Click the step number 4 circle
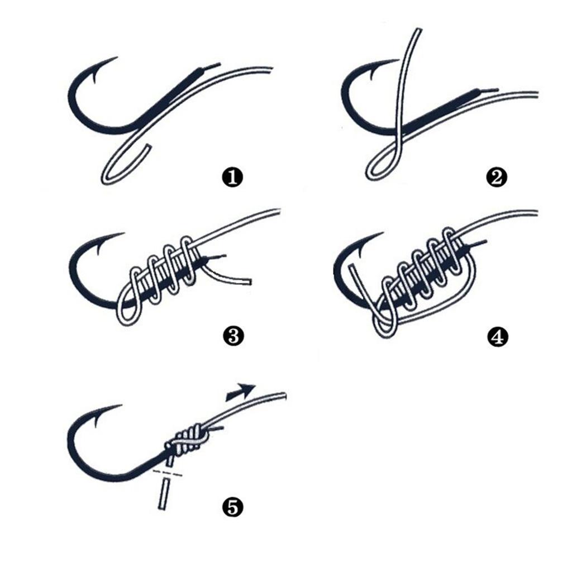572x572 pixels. click(497, 336)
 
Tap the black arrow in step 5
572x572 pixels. click(242, 391)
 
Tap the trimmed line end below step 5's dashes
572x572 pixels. click(164, 494)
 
